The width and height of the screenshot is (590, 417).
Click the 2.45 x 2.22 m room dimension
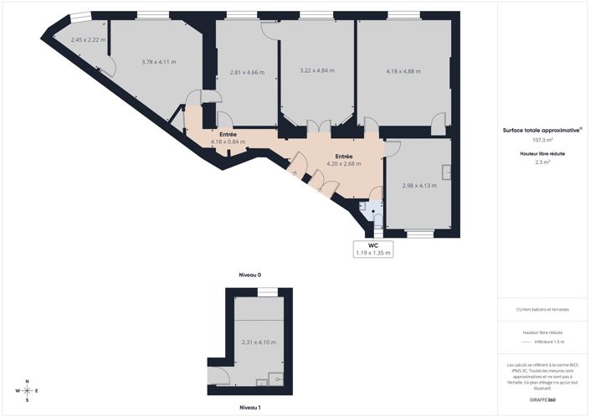coord(88,39)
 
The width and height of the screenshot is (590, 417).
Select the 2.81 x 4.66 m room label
coord(247,72)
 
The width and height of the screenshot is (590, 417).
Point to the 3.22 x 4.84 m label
coord(317,70)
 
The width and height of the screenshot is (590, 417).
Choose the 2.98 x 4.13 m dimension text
coord(419,185)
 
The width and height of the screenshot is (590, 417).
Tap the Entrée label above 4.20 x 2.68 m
coord(344,157)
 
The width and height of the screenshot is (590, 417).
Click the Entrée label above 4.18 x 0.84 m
coord(228,135)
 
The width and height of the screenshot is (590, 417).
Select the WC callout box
coord(373,249)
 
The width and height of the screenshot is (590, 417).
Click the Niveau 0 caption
coord(250,275)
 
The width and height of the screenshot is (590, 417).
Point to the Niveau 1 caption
coord(250,407)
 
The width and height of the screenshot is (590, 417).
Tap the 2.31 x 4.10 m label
coord(259,342)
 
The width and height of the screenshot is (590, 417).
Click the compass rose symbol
coord(28,391)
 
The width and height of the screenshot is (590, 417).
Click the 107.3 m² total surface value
coord(542,140)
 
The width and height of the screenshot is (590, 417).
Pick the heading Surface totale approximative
coord(542,131)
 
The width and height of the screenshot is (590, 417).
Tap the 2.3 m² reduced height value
coord(542,162)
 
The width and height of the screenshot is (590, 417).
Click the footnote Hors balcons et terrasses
coord(542,309)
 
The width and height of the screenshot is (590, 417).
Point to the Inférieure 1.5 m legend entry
coord(549,342)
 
